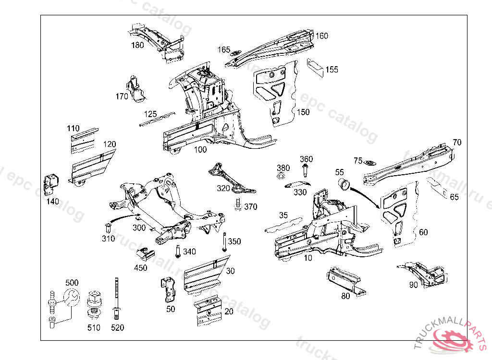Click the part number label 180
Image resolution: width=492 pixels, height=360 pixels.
coord(137,46)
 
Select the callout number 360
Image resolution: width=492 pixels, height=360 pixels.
coord(306,159)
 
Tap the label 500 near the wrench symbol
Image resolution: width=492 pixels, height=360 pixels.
coord(72,283)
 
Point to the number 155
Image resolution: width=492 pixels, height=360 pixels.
coord(332,70)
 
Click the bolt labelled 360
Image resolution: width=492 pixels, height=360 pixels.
coord(306,170)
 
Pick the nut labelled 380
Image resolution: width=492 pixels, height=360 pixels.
coord(282,177)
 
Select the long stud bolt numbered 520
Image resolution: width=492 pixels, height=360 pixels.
coord(116,298)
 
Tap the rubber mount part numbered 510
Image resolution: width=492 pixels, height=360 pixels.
coord(94,305)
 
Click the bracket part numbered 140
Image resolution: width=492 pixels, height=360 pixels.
coord(51,183)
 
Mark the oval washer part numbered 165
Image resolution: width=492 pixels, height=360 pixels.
coord(235,53)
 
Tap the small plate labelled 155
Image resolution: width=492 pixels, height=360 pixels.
coord(315,66)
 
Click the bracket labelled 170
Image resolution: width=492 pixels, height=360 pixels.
coord(136,88)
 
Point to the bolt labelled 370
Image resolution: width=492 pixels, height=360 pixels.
coord(237,204)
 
